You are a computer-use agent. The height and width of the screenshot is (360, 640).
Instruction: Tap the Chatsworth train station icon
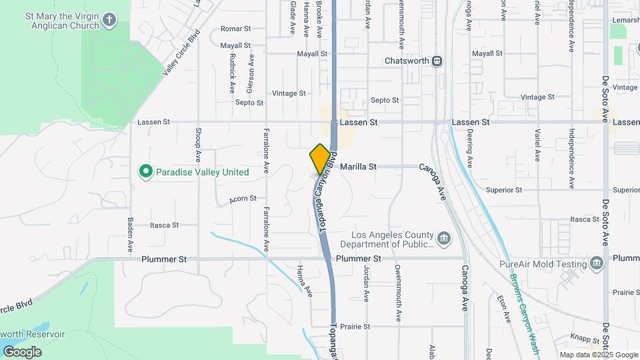pyautogui.click(x=437, y=61)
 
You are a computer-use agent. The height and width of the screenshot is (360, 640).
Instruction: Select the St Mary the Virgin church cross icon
pyautogui.click(x=110, y=20)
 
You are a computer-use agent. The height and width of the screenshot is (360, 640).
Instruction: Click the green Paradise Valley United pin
pyautogui.click(x=145, y=172)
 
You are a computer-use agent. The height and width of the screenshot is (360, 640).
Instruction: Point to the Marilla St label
pyautogui.click(x=358, y=167)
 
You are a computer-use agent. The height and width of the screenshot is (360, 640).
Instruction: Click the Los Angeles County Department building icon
pyautogui.click(x=443, y=238)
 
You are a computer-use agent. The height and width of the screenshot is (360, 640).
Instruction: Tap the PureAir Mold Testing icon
pyautogui.click(x=597, y=263)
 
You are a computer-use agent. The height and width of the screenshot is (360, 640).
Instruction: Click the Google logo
pyautogui.click(x=22, y=351)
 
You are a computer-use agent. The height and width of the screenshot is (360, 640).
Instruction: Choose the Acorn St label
pyautogui.click(x=243, y=199)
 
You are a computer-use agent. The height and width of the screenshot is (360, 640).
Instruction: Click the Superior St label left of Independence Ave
pyautogui.click(x=504, y=190)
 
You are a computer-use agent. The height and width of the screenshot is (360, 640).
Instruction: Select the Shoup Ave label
pyautogui.click(x=199, y=146)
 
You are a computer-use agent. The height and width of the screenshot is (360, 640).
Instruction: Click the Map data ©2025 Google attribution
pyautogui.click(x=598, y=355)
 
